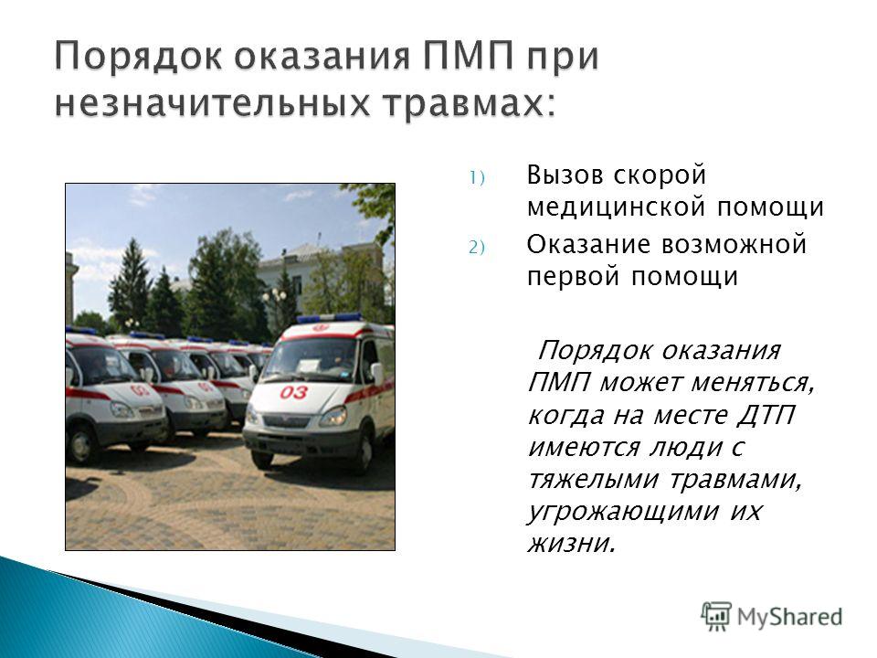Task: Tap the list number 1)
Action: click(x=477, y=178)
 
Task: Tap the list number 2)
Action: click(x=477, y=248)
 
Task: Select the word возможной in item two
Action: click(x=734, y=245)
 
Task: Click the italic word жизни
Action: click(x=571, y=543)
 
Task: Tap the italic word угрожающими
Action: click(x=622, y=513)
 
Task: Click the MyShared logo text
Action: click(x=789, y=617)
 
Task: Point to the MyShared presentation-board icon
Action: click(x=716, y=617)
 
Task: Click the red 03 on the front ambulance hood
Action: click(x=294, y=392)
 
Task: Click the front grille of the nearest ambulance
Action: click(x=286, y=420)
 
